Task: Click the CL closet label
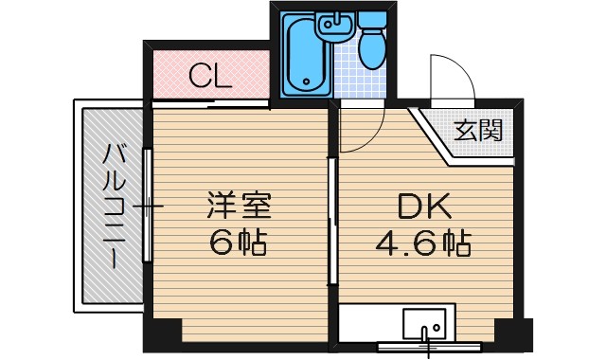(x=209, y=76)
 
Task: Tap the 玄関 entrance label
(x=477, y=132)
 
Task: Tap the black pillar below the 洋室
(x=163, y=333)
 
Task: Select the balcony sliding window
(x=147, y=205)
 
